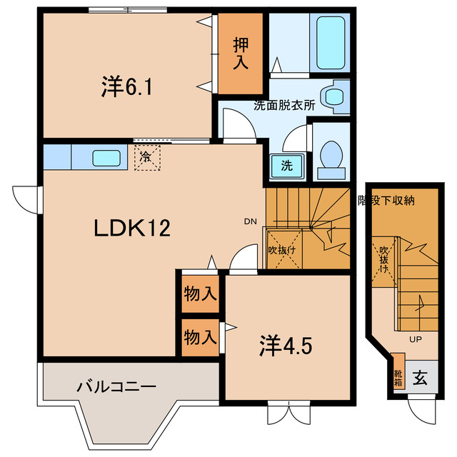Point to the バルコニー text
pyautogui.click(x=117, y=387)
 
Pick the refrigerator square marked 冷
pyautogui.click(x=146, y=156)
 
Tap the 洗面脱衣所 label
pyautogui.click(x=284, y=105)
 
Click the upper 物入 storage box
pyautogui.click(x=199, y=293)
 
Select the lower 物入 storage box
pyautogui.click(x=199, y=336)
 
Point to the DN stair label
pyautogui.click(x=250, y=221)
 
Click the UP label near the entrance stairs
pyautogui.click(x=416, y=339)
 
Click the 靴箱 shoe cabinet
pyautogui.click(x=398, y=377)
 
